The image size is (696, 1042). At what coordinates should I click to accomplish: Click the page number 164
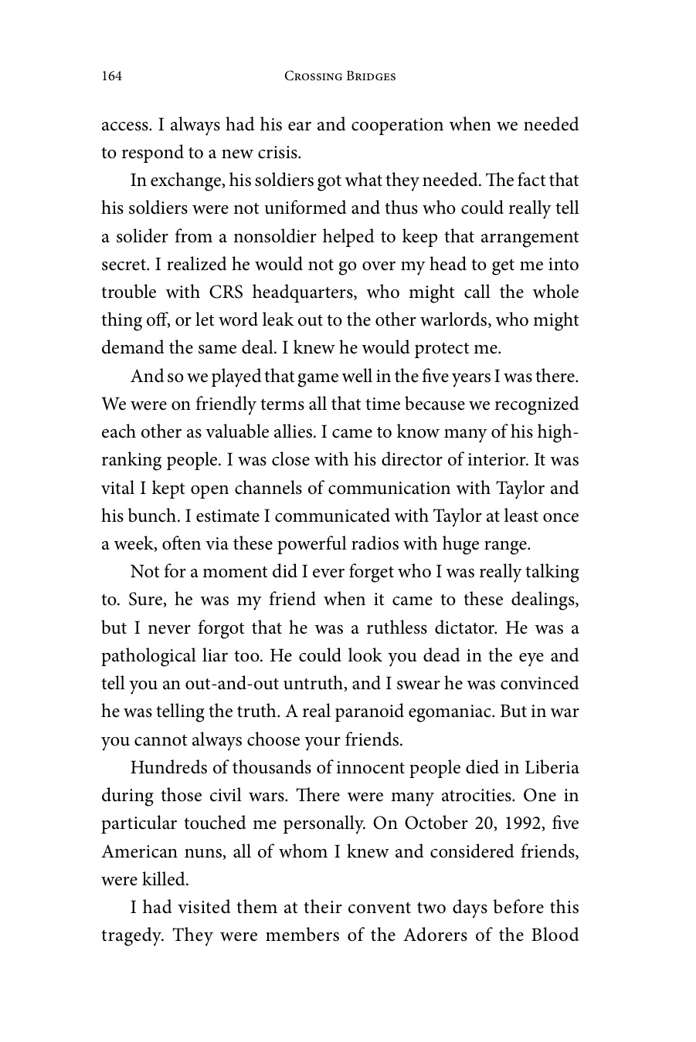coord(112,76)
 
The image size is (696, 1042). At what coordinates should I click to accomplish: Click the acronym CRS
coord(226,293)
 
